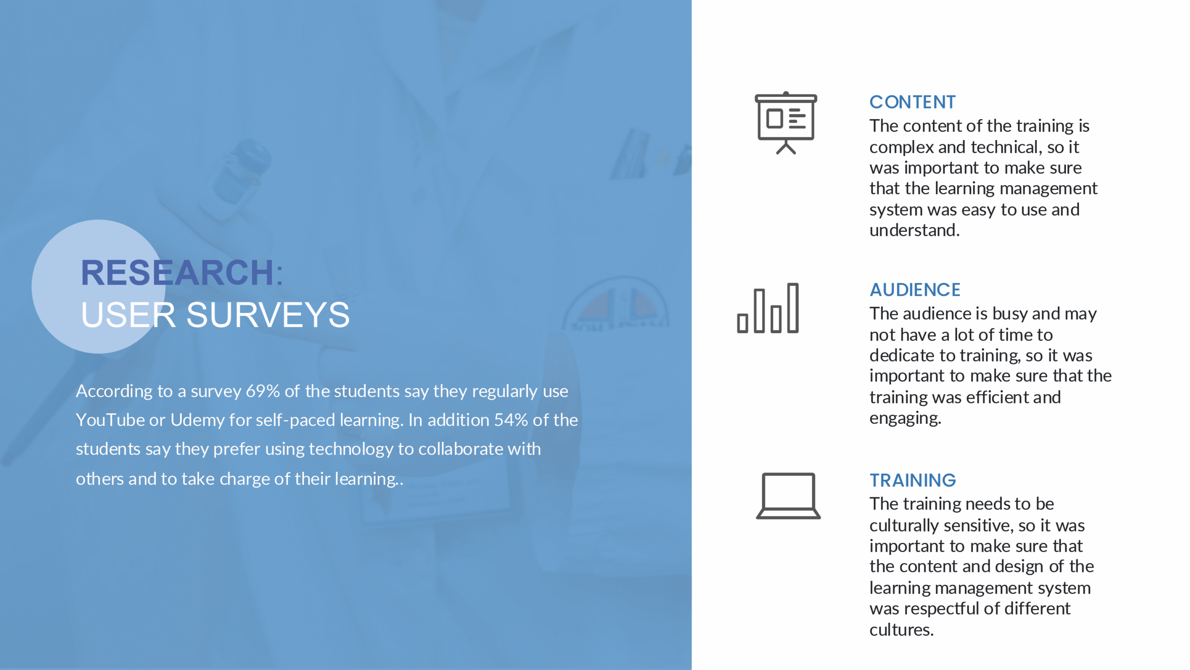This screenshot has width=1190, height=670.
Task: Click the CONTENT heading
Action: coord(912,102)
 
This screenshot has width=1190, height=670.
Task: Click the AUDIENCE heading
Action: coord(915,289)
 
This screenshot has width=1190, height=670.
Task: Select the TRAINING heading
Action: coord(912,480)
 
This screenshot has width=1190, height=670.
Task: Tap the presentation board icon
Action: coord(786,123)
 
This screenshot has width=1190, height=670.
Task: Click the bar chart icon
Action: coord(768,308)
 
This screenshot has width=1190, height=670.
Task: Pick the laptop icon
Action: coord(788,496)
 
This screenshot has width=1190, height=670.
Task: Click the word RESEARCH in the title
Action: coord(177,273)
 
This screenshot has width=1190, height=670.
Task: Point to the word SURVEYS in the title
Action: coord(268,315)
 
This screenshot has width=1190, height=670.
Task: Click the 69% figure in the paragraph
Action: coord(263,391)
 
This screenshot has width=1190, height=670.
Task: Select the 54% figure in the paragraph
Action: coord(511,420)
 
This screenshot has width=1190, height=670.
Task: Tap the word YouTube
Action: coord(110,420)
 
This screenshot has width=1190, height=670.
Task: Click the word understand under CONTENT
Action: coord(914,230)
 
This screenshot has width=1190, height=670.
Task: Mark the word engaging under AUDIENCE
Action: coord(905,419)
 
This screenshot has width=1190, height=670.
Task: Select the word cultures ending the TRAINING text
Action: coord(901,630)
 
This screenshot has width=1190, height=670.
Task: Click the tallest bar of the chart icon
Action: coord(793,308)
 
